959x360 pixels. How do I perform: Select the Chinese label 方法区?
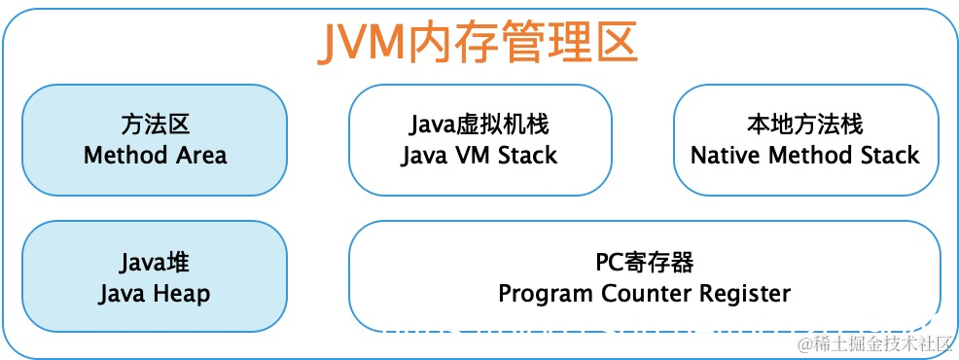[155, 125]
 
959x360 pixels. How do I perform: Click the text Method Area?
[155, 155]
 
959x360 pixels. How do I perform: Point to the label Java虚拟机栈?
[479, 125]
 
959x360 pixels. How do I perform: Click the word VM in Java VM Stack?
[474, 155]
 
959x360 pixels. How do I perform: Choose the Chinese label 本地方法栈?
[804, 125]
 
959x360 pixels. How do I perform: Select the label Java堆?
[155, 263]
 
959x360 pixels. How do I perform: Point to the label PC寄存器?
[644, 263]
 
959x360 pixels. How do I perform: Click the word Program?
[538, 294]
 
